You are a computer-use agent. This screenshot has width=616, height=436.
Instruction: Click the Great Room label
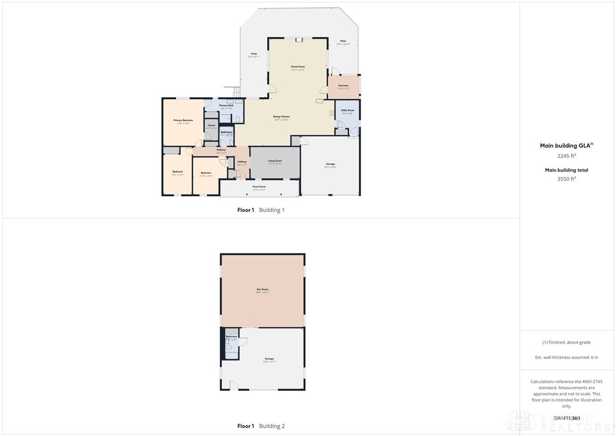tap(298, 67)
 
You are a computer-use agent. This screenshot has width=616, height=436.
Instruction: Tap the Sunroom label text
tap(344, 86)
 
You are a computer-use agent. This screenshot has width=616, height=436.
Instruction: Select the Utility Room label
tap(347, 110)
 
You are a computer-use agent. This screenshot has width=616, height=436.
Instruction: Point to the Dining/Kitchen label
tap(282, 116)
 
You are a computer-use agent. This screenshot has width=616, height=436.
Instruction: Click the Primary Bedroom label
tap(183, 120)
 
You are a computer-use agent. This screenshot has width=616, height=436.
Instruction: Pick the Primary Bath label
tap(226, 106)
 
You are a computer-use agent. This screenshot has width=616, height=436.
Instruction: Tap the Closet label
tap(211, 125)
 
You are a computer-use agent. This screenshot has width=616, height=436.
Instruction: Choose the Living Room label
tap(275, 160)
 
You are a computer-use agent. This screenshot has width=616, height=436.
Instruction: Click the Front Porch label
tap(259, 187)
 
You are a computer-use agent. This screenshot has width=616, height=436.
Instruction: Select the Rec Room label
tap(262, 289)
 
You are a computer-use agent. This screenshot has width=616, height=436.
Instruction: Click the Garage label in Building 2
tap(269, 359)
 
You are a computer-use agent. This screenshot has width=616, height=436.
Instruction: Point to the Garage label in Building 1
tap(330, 165)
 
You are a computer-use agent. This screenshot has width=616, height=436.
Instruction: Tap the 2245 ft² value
tap(566, 156)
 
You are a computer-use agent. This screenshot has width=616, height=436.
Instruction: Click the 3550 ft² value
tap(566, 179)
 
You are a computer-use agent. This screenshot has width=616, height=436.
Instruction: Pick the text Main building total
tap(566, 170)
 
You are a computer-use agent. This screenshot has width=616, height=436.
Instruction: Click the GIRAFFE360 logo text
tap(566, 418)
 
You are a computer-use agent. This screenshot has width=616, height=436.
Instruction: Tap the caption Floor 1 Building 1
tap(261, 210)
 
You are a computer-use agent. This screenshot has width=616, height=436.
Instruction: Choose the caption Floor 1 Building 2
tap(261, 426)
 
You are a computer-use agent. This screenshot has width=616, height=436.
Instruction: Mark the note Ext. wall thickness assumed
tap(566, 357)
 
